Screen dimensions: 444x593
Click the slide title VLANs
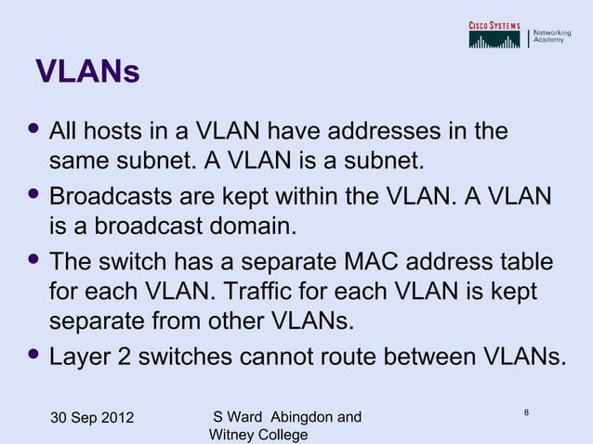86,72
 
